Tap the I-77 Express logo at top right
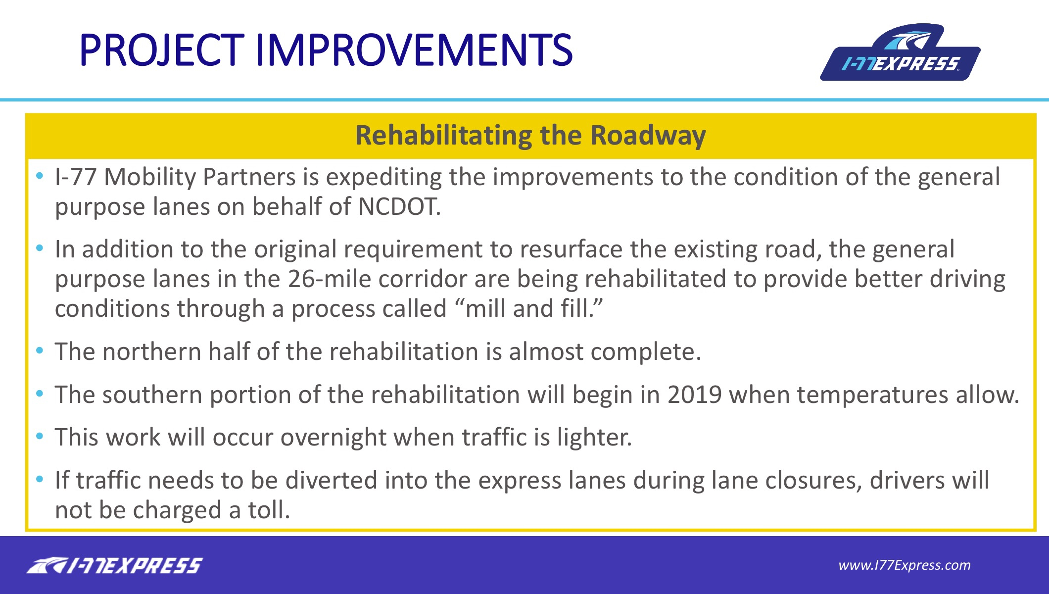point(900,52)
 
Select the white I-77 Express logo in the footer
point(114,565)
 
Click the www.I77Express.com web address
point(905,565)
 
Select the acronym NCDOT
point(399,206)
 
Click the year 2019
point(695,395)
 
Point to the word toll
point(269,510)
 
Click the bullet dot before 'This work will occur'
point(40,437)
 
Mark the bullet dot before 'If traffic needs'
point(40,480)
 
